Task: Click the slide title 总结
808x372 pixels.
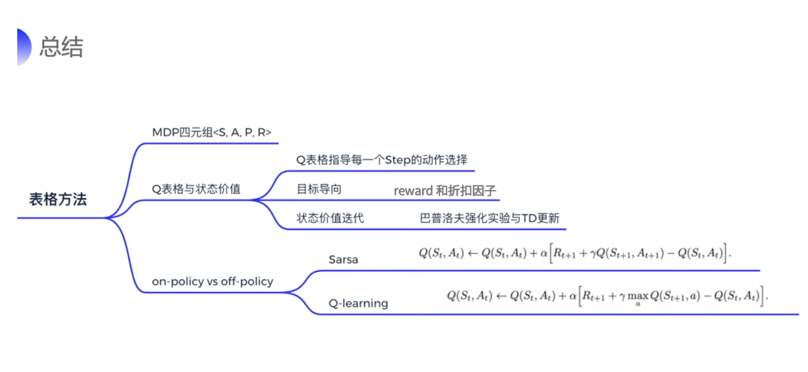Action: click(61, 47)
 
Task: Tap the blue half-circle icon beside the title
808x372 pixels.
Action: click(24, 47)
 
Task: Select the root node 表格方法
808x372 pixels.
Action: click(58, 199)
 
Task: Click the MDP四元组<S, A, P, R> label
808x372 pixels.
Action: click(211, 133)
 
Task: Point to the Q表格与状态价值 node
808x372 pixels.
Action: click(196, 189)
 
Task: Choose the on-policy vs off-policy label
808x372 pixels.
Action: click(213, 281)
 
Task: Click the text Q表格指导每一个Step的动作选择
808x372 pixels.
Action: click(382, 160)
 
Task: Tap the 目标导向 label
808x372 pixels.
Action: click(319, 189)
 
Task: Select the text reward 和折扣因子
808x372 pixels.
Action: click(445, 191)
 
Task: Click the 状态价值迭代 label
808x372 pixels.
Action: click(330, 218)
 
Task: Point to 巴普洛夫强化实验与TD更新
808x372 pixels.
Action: click(489, 218)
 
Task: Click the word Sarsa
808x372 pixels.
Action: click(343, 259)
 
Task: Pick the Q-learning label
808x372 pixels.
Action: click(358, 303)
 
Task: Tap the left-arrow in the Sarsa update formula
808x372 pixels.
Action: click(473, 253)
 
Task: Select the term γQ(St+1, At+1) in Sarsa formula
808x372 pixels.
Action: click(627, 253)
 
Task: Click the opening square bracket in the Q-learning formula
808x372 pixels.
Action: click(580, 296)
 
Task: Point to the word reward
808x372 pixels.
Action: click(413, 191)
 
